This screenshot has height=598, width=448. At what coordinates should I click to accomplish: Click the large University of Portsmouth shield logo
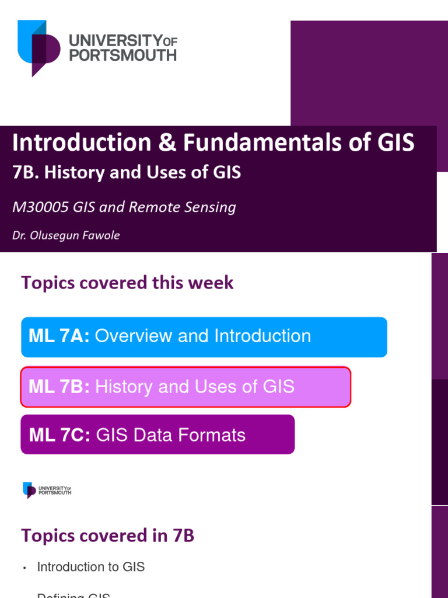38,46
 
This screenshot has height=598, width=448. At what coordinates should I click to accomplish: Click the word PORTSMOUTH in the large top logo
123,55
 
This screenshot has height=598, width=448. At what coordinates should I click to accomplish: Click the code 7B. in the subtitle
26,173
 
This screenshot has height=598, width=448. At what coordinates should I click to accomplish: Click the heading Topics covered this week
127,283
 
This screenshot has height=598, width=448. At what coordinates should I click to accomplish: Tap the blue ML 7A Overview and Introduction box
204,336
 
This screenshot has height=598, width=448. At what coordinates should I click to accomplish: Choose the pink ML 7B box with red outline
185,387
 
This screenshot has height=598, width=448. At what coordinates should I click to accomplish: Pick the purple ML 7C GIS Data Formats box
157,434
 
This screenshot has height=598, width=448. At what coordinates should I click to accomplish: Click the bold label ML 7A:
59,336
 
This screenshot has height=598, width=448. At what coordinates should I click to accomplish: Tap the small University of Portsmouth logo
47,489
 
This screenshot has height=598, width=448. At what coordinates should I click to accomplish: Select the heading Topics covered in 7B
107,536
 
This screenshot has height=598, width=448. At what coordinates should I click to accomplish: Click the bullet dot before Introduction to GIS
24,568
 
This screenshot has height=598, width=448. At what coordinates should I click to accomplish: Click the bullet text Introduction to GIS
90,567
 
